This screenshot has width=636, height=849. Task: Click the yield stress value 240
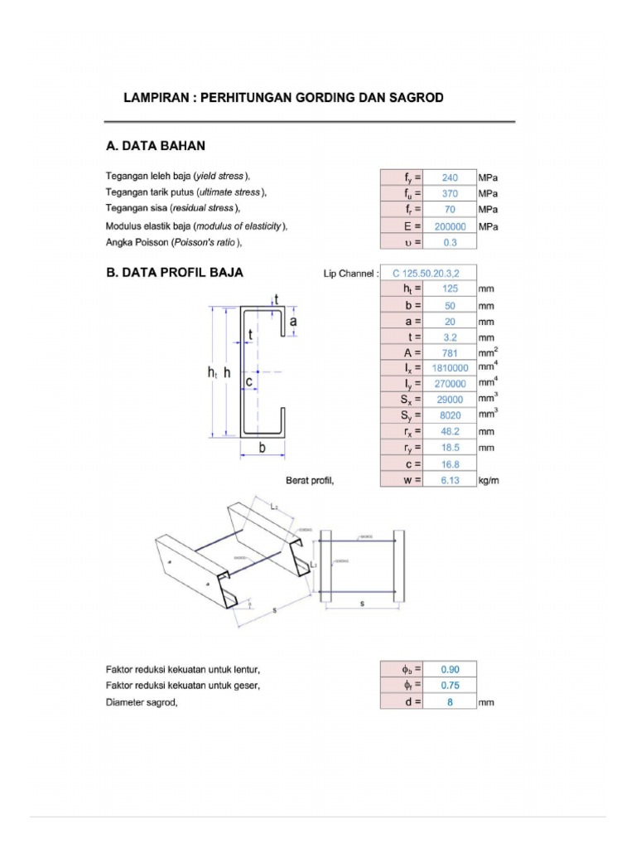(x=450, y=177)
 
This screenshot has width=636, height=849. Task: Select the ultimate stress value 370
(x=450, y=193)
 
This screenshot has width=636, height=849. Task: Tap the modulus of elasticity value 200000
(x=450, y=226)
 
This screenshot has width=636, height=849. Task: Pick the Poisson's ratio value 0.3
(x=450, y=242)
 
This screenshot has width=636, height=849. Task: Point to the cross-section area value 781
(x=450, y=352)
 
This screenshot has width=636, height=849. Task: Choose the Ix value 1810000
(x=450, y=368)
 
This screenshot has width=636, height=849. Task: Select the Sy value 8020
(x=450, y=415)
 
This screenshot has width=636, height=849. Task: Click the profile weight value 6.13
(x=450, y=480)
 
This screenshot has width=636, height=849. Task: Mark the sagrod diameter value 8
(x=450, y=702)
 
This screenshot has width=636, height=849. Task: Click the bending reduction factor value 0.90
(x=450, y=669)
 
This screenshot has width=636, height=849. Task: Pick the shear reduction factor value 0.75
(x=450, y=686)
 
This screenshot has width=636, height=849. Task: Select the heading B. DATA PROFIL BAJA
(x=174, y=272)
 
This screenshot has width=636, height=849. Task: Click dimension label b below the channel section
(x=263, y=449)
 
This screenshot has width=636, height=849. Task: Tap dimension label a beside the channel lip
(x=294, y=319)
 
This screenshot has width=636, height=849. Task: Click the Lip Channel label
(x=352, y=273)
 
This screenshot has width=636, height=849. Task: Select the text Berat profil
(x=310, y=480)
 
